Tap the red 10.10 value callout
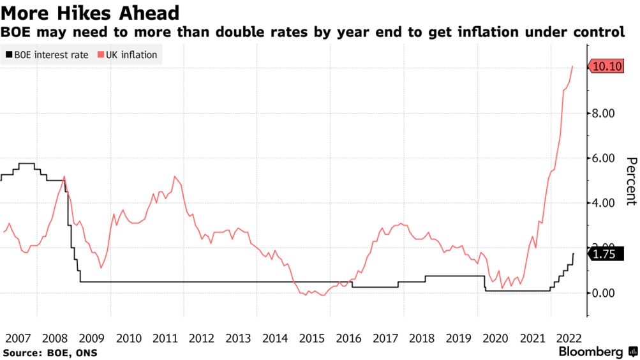coord(606,66)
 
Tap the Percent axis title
coord(630,181)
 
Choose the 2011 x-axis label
coord(165,338)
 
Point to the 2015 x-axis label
coord(312,338)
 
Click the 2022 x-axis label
coord(569,338)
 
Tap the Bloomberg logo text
coord(591,352)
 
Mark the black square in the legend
coord(8,55)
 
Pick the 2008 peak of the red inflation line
coord(64,177)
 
